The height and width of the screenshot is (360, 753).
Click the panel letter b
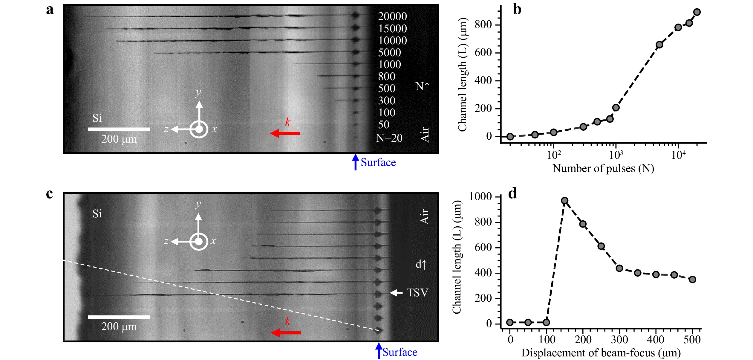[x=517, y=10]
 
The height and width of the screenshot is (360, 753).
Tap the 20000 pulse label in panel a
[x=392, y=16]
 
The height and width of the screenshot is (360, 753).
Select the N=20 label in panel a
[x=389, y=138]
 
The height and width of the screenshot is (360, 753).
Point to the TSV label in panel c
[x=417, y=293]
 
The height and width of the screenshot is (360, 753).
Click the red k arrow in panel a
[x=285, y=133]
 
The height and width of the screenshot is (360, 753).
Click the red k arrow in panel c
[x=286, y=332]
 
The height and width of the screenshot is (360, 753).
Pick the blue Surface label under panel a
[x=378, y=162]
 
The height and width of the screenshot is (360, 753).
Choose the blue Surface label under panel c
[x=400, y=352]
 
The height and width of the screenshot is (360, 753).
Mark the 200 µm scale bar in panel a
[x=119, y=129]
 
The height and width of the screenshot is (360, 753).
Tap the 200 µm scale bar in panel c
[x=119, y=317]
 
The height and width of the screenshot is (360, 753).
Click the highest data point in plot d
[x=564, y=201]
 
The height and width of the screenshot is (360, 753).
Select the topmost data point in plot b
[x=697, y=12]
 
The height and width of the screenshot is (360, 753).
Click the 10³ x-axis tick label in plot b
[x=616, y=155]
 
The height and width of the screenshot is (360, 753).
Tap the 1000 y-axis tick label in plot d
[x=480, y=196]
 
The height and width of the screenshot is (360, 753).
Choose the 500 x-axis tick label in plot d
[x=692, y=340]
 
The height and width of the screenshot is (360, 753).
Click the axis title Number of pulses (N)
[x=603, y=169]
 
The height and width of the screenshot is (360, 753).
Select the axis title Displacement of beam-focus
[x=601, y=353]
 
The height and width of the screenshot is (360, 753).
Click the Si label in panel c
[x=97, y=214]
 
